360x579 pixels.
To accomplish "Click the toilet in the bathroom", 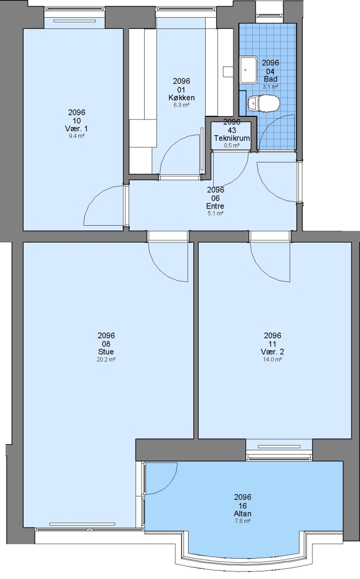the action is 264,103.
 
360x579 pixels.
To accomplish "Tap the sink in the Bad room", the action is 248,70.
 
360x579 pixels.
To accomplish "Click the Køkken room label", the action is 182,98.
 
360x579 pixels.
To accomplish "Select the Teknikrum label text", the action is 231,138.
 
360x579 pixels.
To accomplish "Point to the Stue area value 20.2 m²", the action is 106,359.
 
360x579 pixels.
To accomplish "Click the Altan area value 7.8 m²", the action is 242,521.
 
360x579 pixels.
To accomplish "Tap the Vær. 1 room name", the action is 77,129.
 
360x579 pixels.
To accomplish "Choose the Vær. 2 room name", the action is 272,352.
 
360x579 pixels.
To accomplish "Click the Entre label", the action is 215,206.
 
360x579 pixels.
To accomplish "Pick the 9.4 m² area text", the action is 77,136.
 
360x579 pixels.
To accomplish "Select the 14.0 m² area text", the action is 272,359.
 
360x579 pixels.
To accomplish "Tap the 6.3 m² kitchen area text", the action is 182,105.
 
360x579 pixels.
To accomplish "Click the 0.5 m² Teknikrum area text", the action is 231,145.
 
